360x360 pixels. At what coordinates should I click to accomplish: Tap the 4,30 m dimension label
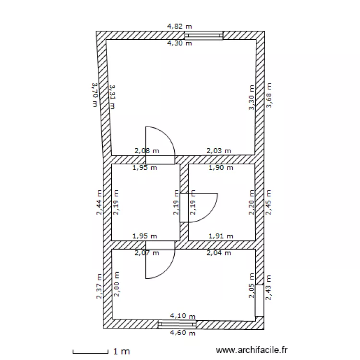(180, 43)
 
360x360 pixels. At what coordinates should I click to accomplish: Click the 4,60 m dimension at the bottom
(183, 333)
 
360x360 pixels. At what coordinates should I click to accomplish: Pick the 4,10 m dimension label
(183, 316)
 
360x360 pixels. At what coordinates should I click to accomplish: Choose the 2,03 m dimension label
(218, 151)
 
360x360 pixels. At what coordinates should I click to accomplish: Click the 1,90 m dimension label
(221, 168)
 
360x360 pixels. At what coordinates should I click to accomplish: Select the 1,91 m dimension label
(221, 236)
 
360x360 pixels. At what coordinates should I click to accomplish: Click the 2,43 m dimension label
(269, 288)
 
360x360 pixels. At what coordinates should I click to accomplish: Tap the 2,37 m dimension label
(99, 287)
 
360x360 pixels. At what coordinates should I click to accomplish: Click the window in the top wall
(204, 36)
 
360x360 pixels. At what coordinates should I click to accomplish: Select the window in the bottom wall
(177, 324)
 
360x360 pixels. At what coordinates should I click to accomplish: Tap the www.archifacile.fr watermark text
(253, 351)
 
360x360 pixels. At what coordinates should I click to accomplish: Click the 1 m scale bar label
(121, 351)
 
